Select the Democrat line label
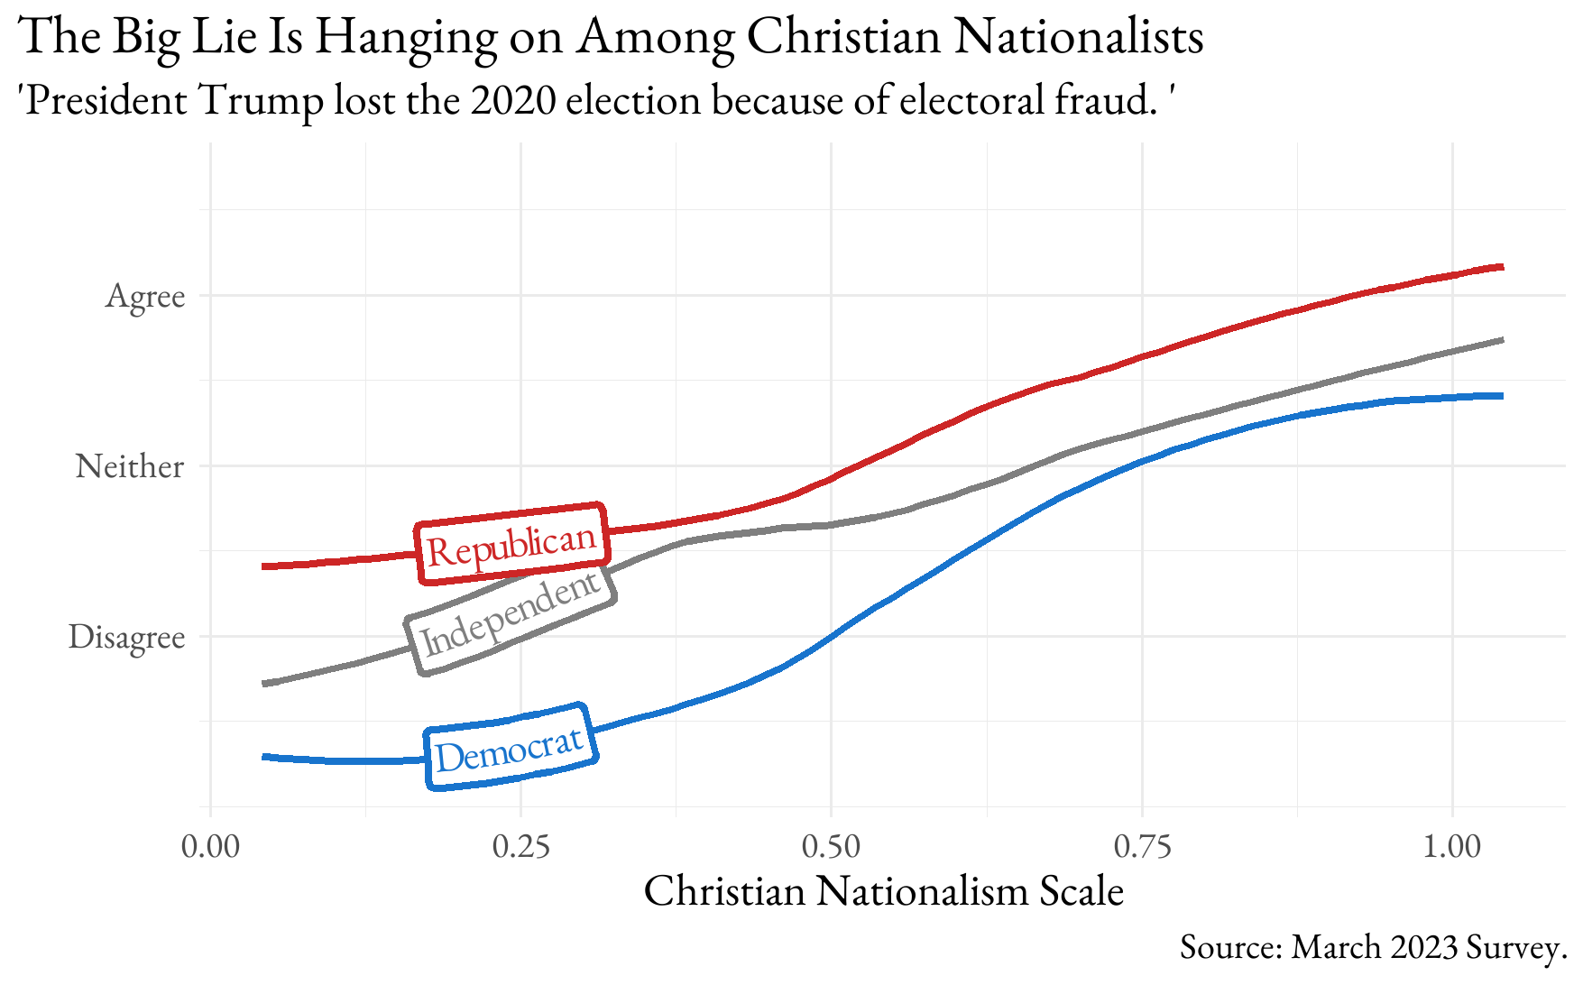(x=511, y=747)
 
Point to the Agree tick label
(x=145, y=297)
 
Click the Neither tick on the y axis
(x=130, y=466)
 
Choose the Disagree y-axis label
(x=126, y=637)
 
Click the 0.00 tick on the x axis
(x=211, y=847)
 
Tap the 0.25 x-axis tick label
(x=521, y=847)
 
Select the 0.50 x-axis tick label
(x=831, y=847)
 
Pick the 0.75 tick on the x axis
(x=1142, y=847)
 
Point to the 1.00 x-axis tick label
(x=1451, y=847)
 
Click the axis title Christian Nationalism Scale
(x=884, y=891)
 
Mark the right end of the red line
(x=1502, y=267)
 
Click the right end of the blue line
(x=1502, y=396)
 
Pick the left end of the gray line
(x=263, y=684)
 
